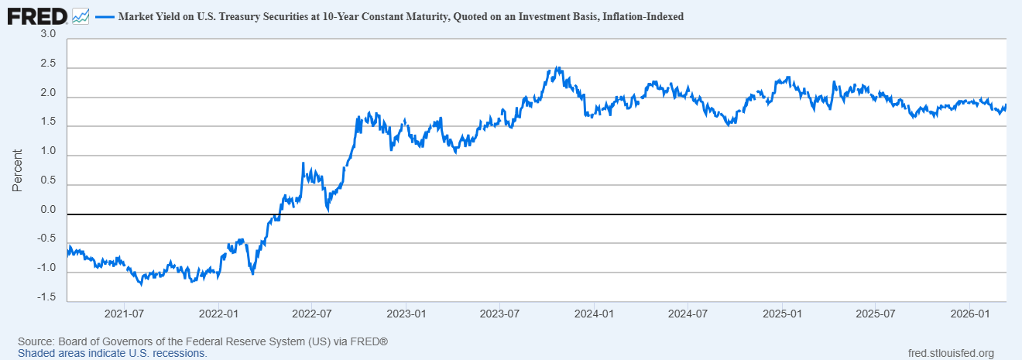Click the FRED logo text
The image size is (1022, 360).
(36, 15)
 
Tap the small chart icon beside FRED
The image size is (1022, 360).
(81, 15)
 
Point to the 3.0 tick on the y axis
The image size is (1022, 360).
(48, 35)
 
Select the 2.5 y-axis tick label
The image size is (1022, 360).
(48, 64)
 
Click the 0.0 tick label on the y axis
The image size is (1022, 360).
(48, 210)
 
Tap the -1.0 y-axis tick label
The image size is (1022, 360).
(46, 268)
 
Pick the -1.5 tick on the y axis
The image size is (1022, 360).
(46, 297)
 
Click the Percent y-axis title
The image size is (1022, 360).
(17, 170)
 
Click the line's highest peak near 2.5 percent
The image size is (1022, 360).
(557, 68)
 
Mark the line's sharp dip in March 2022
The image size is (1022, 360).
(252, 273)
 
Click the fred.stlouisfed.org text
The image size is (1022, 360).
(950, 353)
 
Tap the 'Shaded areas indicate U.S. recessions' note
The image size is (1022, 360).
(112, 353)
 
